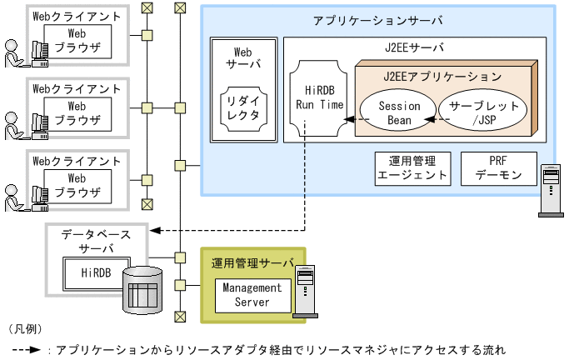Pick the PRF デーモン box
pos(498,168)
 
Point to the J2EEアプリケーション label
pos(442,76)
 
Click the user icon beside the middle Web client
pos(15,124)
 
